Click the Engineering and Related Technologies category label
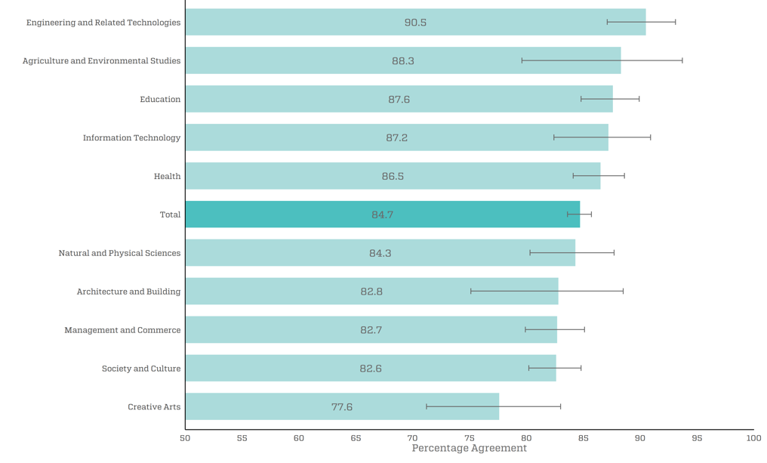[x=103, y=23]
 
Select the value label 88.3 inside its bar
[x=403, y=61]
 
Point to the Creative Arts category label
[x=154, y=407]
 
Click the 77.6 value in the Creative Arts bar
[x=342, y=407]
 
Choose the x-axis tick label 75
[x=470, y=438]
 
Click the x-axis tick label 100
[x=753, y=438]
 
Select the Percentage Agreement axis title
[x=470, y=449]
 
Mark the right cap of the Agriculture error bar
[x=682, y=60]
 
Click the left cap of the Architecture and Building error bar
[x=471, y=291]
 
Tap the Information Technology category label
[x=132, y=137]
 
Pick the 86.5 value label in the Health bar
[x=393, y=176]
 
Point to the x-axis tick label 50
[x=185, y=438]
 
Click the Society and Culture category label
[x=141, y=369]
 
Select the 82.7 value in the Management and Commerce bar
[x=371, y=330]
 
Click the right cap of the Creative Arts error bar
[x=560, y=406]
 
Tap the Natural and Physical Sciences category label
[x=119, y=253]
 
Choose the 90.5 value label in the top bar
[x=415, y=23]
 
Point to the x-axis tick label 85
[x=584, y=438]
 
